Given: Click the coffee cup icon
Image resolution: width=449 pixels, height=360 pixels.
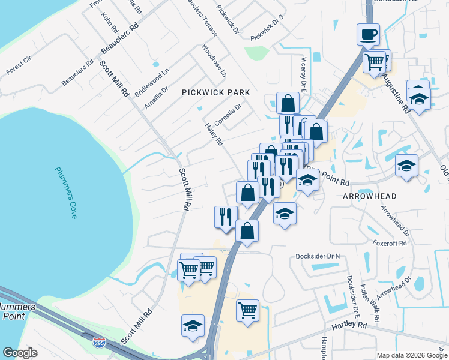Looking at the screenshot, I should [368, 34].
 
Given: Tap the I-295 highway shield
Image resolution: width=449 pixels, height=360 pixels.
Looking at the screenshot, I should [100, 343].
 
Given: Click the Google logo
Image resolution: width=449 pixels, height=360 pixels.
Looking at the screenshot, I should [20, 353].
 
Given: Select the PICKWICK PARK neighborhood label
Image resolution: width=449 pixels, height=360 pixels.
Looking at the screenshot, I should [215, 92].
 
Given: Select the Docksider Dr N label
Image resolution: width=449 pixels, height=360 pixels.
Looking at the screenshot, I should [318, 256].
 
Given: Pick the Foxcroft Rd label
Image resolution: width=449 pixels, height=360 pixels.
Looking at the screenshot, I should [390, 244].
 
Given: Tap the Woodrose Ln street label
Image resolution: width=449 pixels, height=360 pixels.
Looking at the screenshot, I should [214, 60].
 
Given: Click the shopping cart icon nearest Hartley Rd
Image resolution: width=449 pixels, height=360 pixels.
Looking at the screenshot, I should [247, 310].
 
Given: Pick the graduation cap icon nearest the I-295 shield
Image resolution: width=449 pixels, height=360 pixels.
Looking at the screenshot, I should [193, 325].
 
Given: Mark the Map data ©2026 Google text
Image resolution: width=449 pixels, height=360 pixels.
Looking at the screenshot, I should [410, 355].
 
